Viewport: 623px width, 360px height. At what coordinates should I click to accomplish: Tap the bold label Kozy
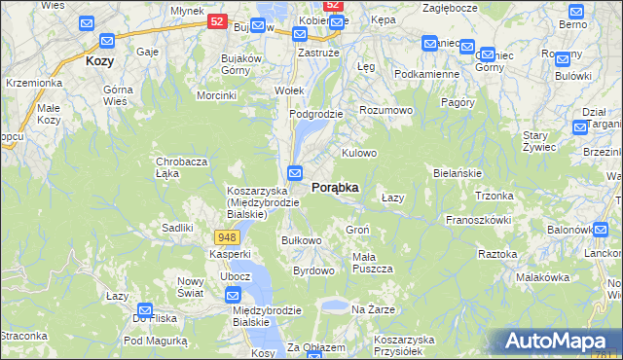(x=99, y=60)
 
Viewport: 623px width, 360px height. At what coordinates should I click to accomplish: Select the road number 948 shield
(x=227, y=237)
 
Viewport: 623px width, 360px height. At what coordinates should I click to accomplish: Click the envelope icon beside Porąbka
(x=295, y=172)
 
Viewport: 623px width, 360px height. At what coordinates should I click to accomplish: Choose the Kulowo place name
(x=358, y=153)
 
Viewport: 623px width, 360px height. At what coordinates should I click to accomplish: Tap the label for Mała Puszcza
(x=372, y=262)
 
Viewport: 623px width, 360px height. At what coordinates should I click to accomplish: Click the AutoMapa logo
(x=557, y=342)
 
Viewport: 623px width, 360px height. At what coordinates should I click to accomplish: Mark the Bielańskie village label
(x=458, y=172)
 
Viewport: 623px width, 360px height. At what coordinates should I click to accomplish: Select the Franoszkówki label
(x=479, y=220)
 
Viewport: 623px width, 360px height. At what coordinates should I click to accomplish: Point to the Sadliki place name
(x=178, y=227)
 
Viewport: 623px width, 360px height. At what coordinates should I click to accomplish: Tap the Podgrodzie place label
(x=316, y=114)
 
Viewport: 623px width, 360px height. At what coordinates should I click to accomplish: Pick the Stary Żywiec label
(x=538, y=140)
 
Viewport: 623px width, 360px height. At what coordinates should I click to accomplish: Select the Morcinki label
(x=216, y=95)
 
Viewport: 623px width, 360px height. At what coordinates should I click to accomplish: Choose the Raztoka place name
(x=497, y=253)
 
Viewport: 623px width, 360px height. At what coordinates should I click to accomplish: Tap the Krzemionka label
(x=33, y=83)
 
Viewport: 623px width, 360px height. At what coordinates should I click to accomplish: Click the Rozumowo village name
(x=386, y=111)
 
